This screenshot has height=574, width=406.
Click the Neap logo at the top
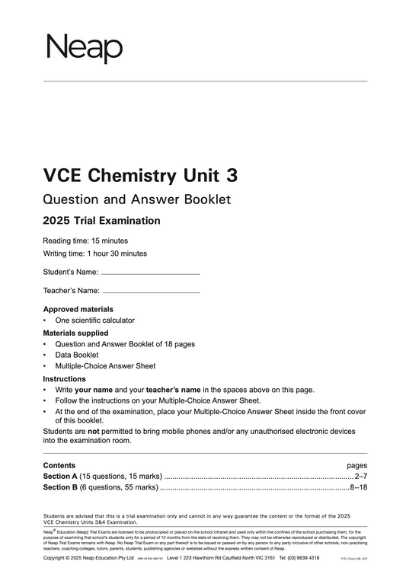(x=84, y=49)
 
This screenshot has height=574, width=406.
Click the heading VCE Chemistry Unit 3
(x=140, y=176)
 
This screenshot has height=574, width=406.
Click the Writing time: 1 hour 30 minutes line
(x=95, y=254)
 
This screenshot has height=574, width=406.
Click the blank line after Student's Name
(x=151, y=273)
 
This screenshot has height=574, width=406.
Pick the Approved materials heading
(x=78, y=309)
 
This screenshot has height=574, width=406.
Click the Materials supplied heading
(x=75, y=333)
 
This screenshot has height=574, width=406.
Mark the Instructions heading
(x=65, y=378)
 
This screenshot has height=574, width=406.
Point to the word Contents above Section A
(x=59, y=465)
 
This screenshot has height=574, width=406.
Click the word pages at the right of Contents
(x=356, y=465)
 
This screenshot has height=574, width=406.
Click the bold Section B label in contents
(x=62, y=487)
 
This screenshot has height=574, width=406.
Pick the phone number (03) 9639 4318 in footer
(x=310, y=558)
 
